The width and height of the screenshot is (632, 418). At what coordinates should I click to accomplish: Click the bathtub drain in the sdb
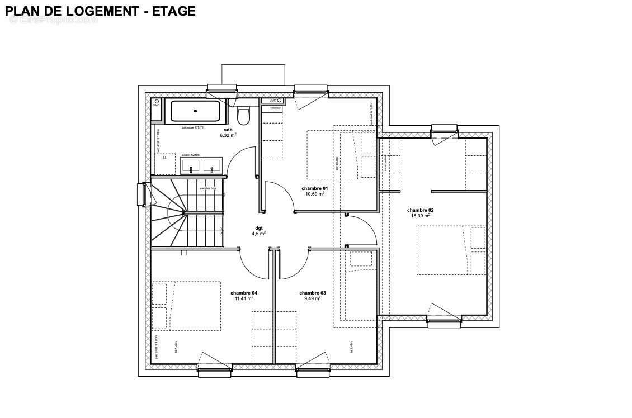[195, 111]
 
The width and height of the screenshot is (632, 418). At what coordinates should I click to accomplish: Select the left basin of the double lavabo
[192, 165]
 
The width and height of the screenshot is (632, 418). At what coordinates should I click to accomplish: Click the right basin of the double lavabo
[213, 165]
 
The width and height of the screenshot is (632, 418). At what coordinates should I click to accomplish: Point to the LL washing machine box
[165, 158]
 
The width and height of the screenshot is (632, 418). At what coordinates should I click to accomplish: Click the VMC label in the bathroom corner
[157, 105]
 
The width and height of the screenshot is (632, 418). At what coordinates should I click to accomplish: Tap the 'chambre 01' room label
[314, 188]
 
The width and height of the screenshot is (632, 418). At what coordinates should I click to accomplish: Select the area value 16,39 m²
[420, 216]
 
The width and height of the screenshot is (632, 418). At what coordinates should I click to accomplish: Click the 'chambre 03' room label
[312, 293]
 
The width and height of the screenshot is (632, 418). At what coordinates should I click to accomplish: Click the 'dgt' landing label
[259, 228]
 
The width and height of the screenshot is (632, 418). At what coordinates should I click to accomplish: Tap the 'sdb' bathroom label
[228, 130]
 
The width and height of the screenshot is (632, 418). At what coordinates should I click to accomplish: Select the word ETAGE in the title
[173, 11]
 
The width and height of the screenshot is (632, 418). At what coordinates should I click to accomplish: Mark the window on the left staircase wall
[142, 194]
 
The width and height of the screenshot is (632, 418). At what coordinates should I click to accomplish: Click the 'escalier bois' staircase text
[207, 188]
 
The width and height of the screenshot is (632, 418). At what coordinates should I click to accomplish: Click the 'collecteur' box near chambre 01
[276, 108]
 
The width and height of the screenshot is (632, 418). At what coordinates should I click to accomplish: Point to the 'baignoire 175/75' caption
[192, 127]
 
